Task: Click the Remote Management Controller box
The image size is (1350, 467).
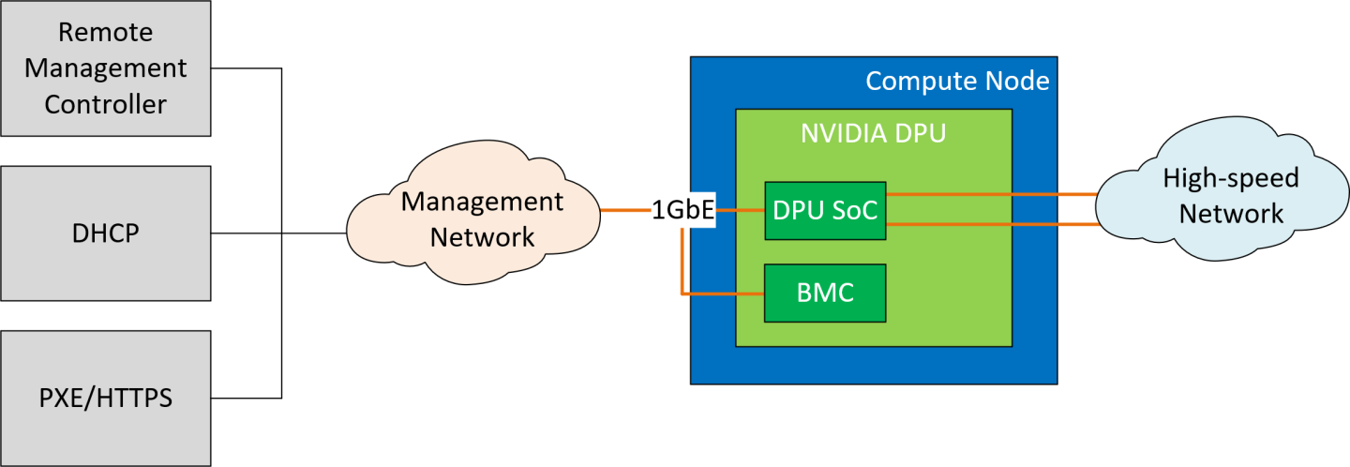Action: coord(105,68)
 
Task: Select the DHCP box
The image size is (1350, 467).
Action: coord(105,233)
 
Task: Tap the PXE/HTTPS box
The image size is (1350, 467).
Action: coord(105,398)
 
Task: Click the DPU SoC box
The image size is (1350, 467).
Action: coord(825,211)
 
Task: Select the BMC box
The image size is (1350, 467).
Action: coord(825,294)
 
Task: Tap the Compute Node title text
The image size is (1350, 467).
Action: coord(956,81)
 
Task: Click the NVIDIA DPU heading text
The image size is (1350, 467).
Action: coord(873,133)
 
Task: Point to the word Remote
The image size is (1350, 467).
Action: coord(105,33)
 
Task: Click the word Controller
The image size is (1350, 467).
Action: coord(105,103)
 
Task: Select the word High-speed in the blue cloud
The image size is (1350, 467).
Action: coord(1230,177)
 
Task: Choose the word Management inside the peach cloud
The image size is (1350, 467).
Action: coord(482,202)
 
